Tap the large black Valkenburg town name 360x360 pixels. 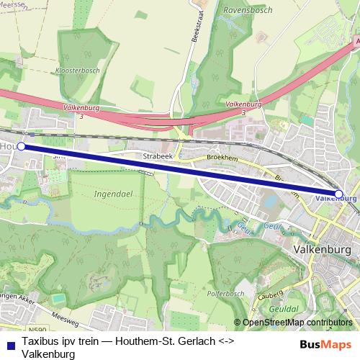click(323, 250)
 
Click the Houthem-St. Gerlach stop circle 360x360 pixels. click(21, 146)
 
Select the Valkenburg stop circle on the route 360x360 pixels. click(339, 194)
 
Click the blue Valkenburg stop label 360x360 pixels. click(336, 197)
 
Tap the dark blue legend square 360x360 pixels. click(9, 343)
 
